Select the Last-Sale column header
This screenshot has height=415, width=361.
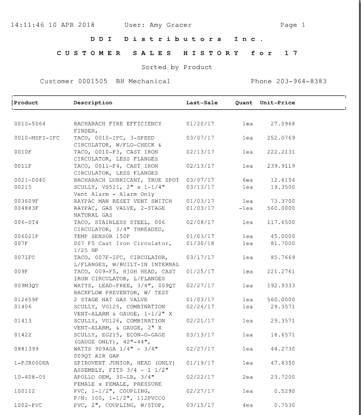pos(202,103)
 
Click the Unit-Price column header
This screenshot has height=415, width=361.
pos(277,103)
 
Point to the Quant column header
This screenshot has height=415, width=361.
pos(244,103)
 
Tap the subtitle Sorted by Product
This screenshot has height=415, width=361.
pos(177,67)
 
